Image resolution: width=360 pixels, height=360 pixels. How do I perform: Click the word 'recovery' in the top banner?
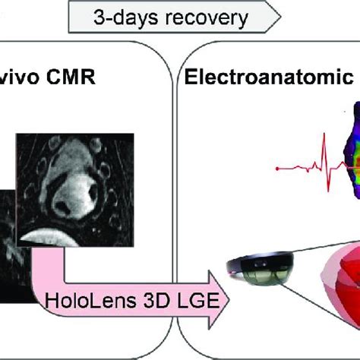click(x=207, y=18)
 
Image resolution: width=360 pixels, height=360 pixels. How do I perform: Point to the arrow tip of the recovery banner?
click(x=280, y=17)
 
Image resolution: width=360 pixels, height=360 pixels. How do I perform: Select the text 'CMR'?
click(x=71, y=77)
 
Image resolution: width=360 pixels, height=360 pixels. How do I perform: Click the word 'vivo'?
click(x=20, y=77)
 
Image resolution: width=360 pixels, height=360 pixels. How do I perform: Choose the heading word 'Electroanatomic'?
click(x=269, y=77)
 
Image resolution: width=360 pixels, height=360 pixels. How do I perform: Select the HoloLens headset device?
click(x=261, y=268)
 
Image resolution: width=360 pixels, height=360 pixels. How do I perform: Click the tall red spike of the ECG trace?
click(x=325, y=162)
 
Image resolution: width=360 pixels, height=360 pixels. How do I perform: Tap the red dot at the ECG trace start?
click(x=277, y=169)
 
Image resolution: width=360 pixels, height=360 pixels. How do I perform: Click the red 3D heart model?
click(x=342, y=286)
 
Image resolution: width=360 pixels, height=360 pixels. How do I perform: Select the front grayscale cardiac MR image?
click(x=75, y=190)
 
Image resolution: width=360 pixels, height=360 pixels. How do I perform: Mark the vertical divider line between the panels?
click(x=175, y=192)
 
